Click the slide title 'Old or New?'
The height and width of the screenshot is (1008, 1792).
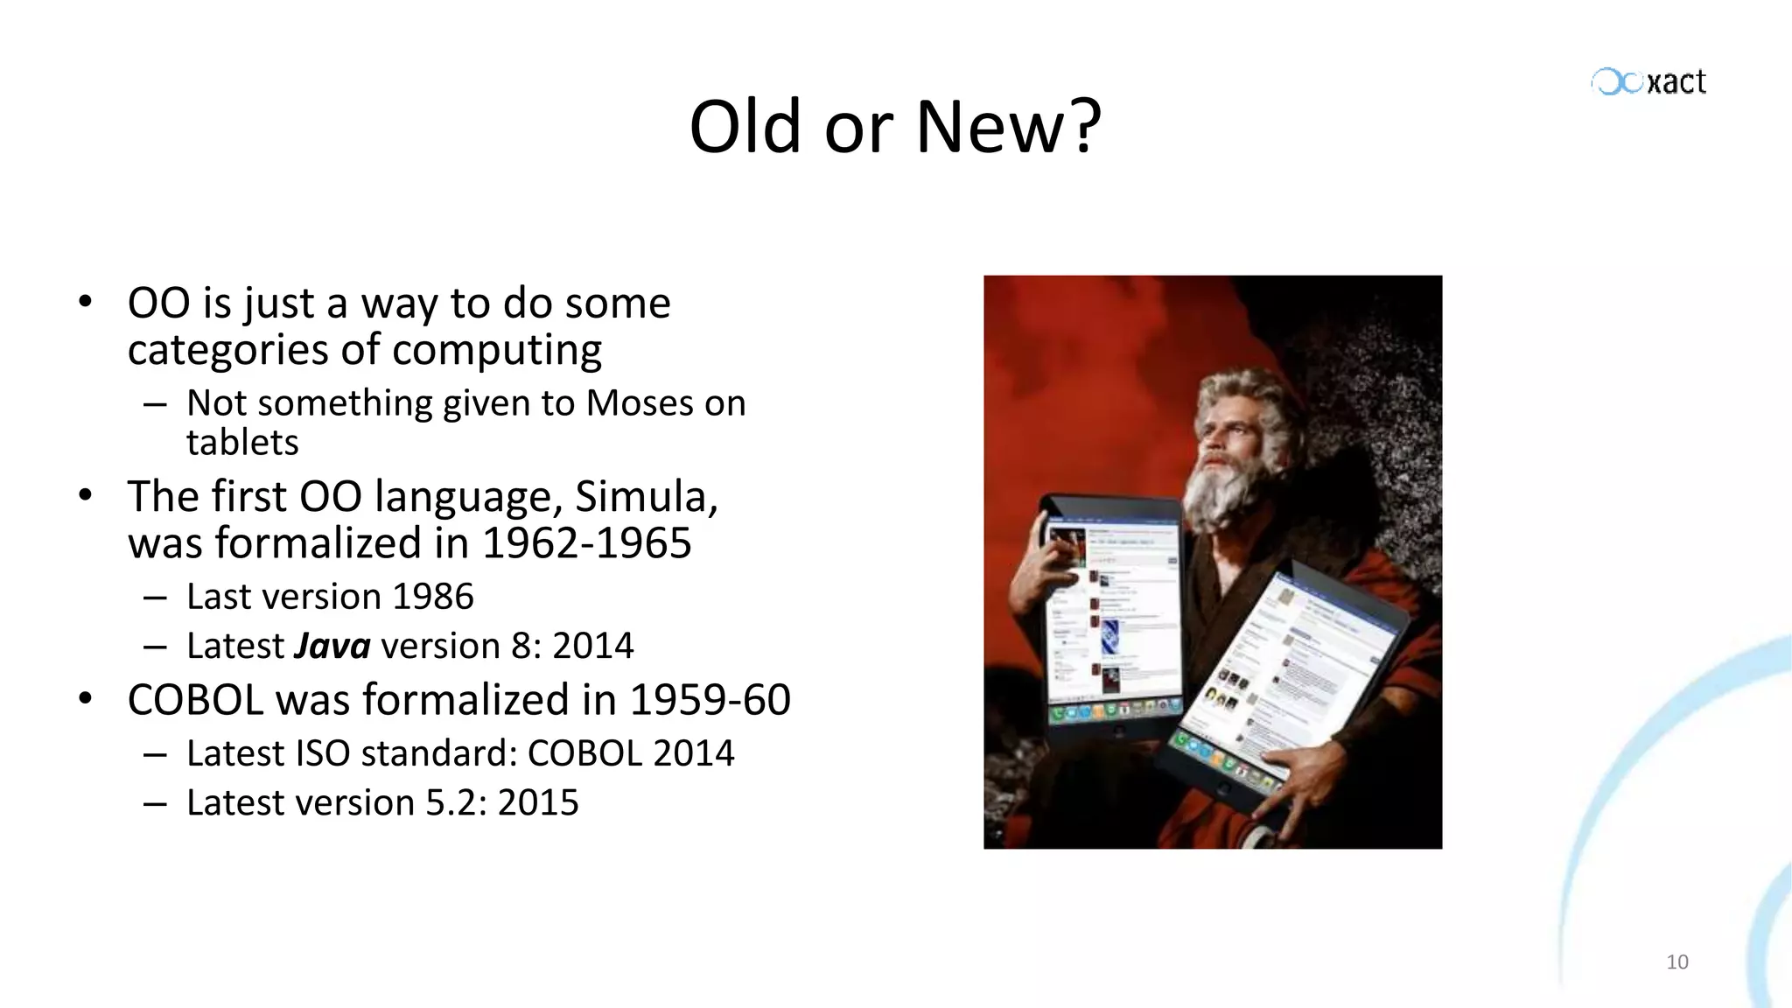[894, 127]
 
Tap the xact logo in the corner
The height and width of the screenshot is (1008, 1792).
[1648, 82]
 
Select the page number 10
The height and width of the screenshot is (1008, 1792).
[1676, 962]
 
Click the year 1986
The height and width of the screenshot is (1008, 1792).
[432, 597]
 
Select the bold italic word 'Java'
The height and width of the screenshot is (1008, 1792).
[332, 646]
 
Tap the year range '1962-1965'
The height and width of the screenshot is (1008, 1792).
[586, 543]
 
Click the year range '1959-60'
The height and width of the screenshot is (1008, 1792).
[710, 700]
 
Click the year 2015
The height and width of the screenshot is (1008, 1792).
[538, 802]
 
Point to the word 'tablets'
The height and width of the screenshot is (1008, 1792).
[242, 443]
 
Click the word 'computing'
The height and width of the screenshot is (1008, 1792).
[497, 350]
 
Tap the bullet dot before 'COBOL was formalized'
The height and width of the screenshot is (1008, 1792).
[85, 699]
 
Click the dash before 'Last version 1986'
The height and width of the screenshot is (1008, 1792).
[155, 598]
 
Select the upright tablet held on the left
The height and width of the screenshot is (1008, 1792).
[1109, 612]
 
